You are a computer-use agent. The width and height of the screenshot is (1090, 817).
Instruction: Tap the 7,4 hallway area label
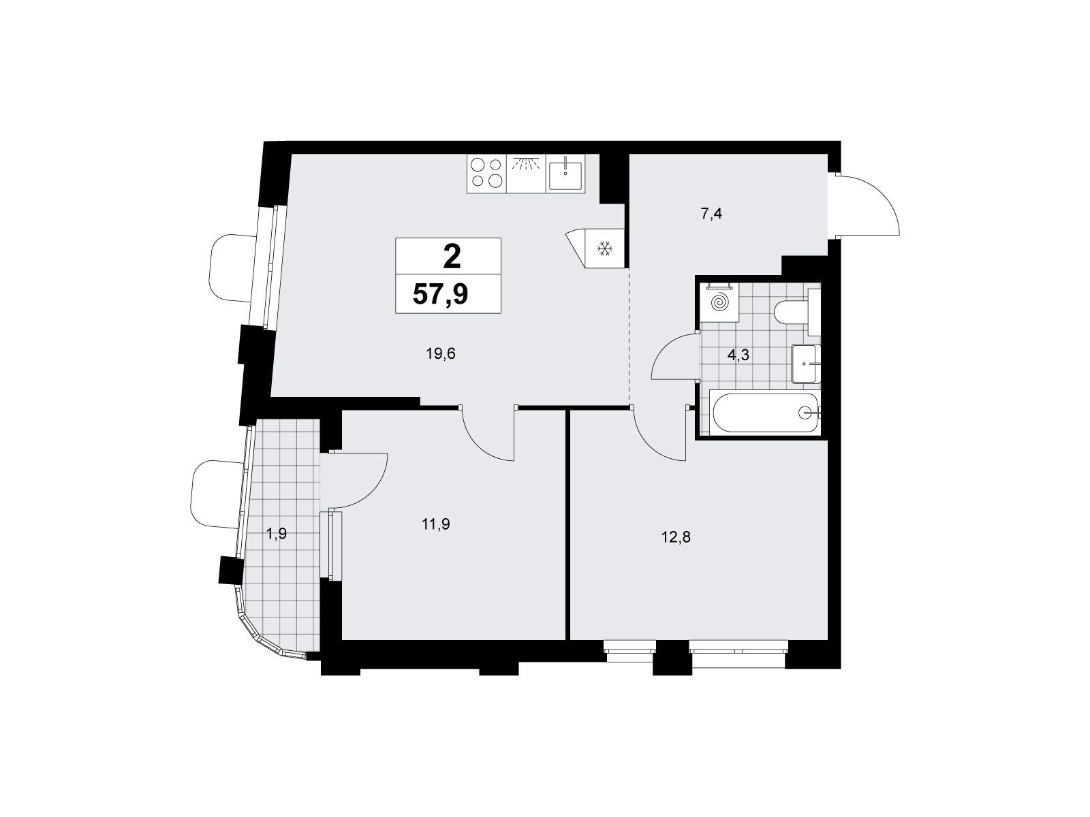[711, 214]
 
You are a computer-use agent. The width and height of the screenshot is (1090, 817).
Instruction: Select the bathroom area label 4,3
[738, 355]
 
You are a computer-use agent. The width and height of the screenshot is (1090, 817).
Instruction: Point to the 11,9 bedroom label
[435, 524]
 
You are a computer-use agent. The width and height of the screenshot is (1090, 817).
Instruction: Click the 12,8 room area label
[676, 536]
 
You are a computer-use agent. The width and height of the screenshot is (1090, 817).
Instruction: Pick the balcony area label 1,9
[277, 534]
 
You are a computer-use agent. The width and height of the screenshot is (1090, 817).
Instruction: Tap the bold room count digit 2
[452, 258]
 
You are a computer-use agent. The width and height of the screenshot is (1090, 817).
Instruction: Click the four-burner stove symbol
[486, 173]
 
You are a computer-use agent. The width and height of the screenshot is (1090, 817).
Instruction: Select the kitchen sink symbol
[565, 173]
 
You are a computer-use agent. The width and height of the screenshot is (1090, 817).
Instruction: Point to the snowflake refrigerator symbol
[604, 249]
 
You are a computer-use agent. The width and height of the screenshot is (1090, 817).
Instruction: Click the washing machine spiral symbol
[719, 302]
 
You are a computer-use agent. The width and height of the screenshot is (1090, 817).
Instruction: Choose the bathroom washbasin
[806, 364]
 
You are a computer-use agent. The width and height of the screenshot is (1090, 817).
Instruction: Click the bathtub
[765, 412]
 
